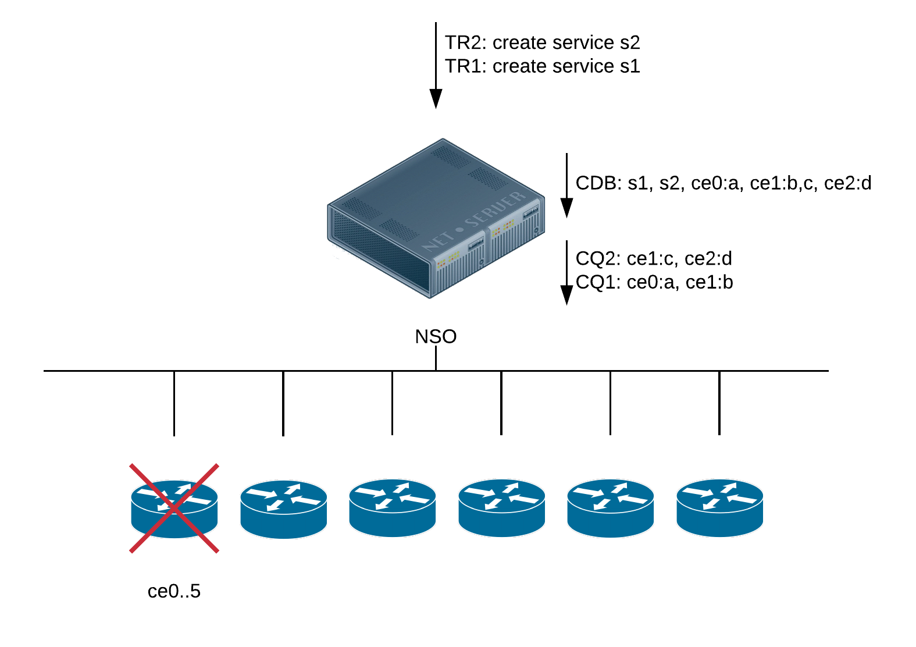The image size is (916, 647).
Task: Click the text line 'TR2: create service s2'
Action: tap(542, 42)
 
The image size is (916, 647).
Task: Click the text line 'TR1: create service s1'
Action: tap(542, 66)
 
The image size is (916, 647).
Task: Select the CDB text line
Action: tap(723, 183)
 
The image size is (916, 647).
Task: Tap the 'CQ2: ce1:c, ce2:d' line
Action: tap(653, 258)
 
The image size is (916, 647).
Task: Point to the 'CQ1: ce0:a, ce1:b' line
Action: tap(654, 282)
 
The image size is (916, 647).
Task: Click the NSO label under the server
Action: tap(436, 336)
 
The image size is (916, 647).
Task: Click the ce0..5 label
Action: tap(174, 591)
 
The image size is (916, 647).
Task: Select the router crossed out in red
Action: tap(174, 508)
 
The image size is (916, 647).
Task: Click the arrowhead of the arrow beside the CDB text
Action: tap(566, 208)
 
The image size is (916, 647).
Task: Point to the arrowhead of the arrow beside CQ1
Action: tap(566, 296)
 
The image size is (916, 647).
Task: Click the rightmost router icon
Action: tap(719, 508)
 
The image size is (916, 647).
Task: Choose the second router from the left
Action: tap(283, 508)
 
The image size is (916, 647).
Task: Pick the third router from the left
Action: tap(392, 508)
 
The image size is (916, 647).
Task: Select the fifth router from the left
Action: tap(610, 508)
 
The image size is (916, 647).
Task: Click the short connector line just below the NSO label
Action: tap(436, 358)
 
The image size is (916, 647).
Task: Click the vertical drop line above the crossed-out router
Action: tap(174, 403)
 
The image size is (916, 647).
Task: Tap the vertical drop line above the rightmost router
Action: tap(719, 403)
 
